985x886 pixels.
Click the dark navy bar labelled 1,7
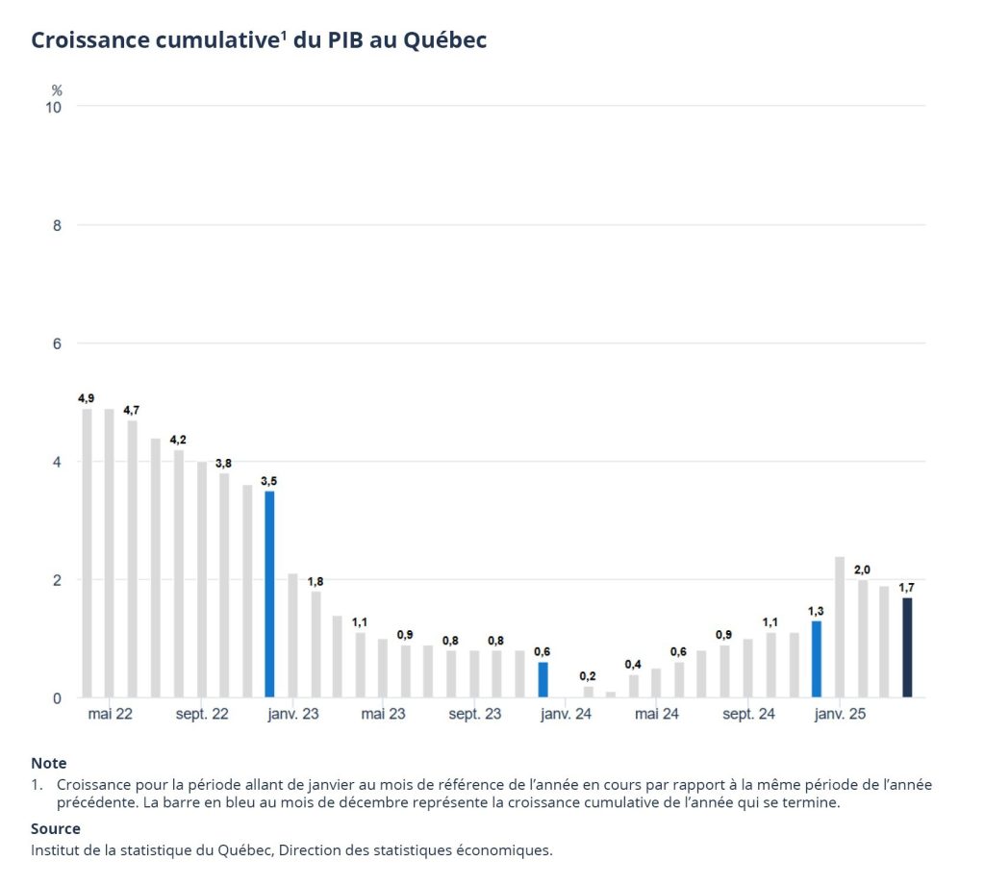pyautogui.click(x=907, y=647)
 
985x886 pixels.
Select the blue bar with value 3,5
pyautogui.click(x=270, y=594)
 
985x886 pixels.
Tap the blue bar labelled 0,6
pyautogui.click(x=543, y=679)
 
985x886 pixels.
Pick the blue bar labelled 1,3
pyautogui.click(x=816, y=659)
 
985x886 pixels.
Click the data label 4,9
pyautogui.click(x=87, y=397)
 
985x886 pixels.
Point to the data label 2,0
pyautogui.click(x=862, y=570)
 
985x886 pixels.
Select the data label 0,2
pyautogui.click(x=588, y=675)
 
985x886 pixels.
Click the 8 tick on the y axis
pyautogui.click(x=57, y=225)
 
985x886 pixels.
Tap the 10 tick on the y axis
pyautogui.click(x=54, y=107)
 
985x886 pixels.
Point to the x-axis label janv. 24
pyautogui.click(x=566, y=715)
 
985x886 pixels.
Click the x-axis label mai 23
pyautogui.click(x=383, y=715)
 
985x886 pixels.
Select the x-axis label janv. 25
pyautogui.click(x=839, y=715)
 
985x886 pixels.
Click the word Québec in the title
pyautogui.click(x=444, y=40)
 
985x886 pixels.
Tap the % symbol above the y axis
pyautogui.click(x=57, y=89)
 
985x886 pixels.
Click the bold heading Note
pyautogui.click(x=48, y=764)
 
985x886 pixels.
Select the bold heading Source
pyautogui.click(x=56, y=828)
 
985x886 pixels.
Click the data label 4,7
pyautogui.click(x=132, y=410)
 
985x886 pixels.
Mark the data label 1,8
pyautogui.click(x=316, y=581)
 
